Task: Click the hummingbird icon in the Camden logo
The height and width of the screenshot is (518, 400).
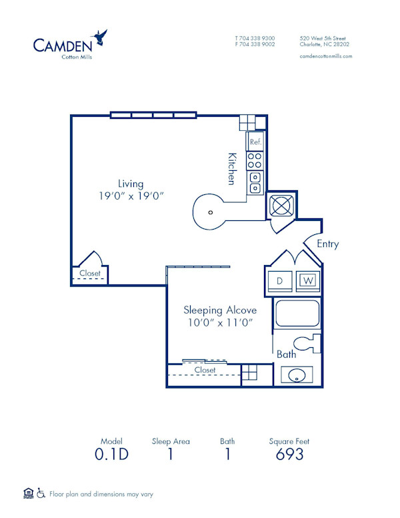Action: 101,37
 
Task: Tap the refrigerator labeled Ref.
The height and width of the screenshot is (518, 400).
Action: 255,142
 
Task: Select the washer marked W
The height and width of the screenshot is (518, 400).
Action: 307,281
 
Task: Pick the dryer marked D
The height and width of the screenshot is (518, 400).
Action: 280,281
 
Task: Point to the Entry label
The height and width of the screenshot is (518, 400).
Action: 327,244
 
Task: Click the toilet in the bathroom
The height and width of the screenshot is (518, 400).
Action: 307,343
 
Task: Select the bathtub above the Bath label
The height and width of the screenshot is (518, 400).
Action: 297,314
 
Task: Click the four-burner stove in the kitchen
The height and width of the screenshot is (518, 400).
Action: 255,160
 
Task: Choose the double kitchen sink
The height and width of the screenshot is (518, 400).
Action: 255,182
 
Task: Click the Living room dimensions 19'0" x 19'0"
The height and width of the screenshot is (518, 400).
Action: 131,196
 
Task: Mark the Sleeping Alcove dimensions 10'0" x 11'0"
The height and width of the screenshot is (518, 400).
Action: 220,322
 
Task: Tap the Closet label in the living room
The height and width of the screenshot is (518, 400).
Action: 90,273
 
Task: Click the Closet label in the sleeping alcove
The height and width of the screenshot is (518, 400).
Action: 205,370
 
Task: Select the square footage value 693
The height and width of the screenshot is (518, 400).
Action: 289,455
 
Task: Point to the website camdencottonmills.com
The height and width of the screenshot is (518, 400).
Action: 326,56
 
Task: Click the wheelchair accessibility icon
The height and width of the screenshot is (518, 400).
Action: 41,494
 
